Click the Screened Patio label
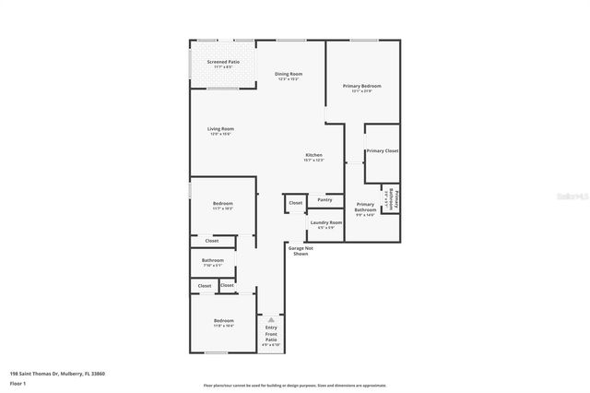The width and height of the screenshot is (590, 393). coord(222,62)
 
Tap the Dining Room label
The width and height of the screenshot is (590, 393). coord(289,74)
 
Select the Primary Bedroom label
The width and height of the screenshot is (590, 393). coord(361,86)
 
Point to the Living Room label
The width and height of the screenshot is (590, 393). coord(220,129)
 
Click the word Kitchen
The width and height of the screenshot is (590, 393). coord(314,154)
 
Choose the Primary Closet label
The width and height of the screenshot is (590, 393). coord(382,150)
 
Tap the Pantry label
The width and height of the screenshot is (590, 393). coord(324,199)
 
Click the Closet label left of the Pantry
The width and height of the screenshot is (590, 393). coord(295,202)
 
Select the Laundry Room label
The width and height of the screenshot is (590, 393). coord(326,222)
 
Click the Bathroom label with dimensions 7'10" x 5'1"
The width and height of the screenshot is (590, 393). coord(213,260)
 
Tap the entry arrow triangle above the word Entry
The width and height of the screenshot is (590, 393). coord(271,319)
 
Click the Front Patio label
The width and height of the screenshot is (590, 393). coord(271,339)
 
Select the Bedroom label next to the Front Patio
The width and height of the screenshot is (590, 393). coord(223,321)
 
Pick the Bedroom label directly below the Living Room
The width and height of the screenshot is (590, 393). coord(223,203)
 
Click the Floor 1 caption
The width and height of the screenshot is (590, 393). coord(18,382)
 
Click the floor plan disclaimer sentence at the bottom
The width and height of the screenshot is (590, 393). coord(294,385)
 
